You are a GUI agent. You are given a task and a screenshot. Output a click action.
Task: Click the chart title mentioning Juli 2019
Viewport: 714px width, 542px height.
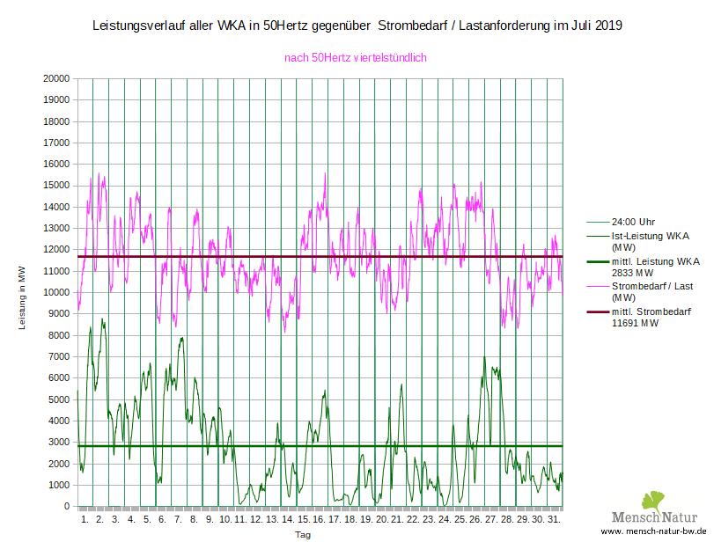357,26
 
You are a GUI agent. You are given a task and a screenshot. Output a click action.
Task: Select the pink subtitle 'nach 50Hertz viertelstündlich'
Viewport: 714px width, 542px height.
356,58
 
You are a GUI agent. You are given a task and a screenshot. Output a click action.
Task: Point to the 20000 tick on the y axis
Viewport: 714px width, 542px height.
56,78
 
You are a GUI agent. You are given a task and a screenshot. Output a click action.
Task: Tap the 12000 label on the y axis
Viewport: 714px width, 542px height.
56,250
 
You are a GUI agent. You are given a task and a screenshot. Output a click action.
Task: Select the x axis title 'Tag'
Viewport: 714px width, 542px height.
303,534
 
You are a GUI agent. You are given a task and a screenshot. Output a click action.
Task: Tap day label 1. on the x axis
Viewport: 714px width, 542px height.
85,519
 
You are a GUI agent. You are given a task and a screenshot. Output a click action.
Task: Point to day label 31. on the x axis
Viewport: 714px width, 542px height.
553,519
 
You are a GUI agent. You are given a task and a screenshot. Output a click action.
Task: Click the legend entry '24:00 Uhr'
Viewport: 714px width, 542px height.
629,222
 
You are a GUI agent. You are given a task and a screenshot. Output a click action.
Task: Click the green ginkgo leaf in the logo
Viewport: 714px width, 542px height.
653,502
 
